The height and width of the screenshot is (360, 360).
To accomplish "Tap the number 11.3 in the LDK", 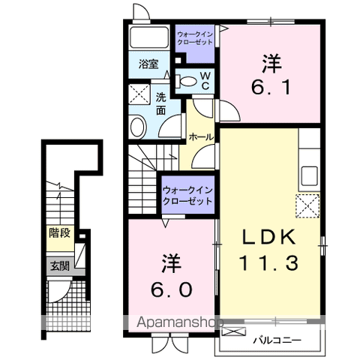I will coord(270,262).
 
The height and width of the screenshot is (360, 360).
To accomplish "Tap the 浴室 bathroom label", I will coord(148,64).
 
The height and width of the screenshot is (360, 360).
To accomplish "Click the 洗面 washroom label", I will coord(162,103).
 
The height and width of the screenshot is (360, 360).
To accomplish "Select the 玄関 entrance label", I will coord(59,265).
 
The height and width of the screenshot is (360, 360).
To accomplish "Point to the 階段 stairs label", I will coord(59,232).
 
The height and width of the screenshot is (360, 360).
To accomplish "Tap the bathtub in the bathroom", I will coord(150,38).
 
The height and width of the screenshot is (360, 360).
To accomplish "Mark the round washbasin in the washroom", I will coord(137,125).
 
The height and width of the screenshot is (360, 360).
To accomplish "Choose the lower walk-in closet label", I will coord(187,196).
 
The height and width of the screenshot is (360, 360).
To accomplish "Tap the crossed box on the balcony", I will coord(234,330).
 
